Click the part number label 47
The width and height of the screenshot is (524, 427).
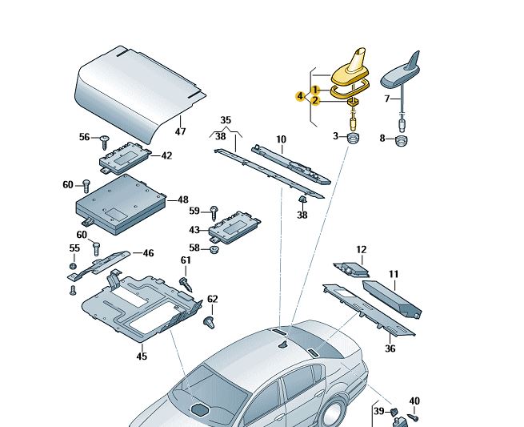pos(180,131)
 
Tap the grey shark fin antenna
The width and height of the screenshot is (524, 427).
pos(405,75)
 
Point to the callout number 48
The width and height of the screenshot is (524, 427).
pos(183,199)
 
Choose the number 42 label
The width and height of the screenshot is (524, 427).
pos(166,155)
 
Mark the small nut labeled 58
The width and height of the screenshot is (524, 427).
pos(214,249)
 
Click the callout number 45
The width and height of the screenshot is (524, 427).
pos(142,356)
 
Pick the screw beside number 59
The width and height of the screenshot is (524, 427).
pos(214,211)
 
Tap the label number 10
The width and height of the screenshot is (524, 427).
pos(281,139)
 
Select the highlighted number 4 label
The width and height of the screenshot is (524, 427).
pos(300,95)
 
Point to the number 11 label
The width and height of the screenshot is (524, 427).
pos(394,274)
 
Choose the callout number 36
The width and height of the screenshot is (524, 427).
pos(390,348)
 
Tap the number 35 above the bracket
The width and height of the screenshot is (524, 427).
pos(226,120)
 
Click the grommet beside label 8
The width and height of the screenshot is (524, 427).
pos(400,139)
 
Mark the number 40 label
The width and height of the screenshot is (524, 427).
pos(414,401)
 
